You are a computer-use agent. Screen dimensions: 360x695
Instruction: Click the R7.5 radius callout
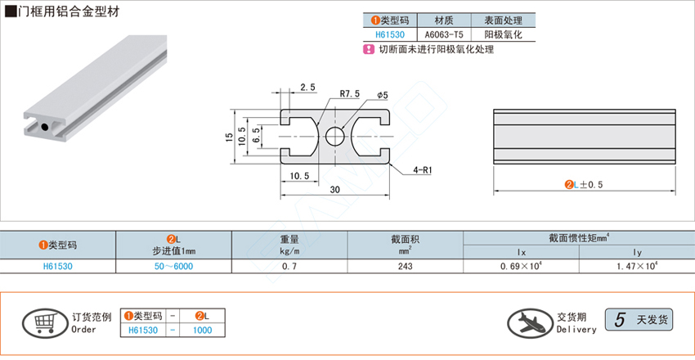[x=350, y=95]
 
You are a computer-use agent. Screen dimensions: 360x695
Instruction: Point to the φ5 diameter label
[x=383, y=95]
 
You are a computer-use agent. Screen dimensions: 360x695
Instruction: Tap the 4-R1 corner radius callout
[x=422, y=170]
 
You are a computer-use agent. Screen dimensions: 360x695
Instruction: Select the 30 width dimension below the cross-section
[x=335, y=190]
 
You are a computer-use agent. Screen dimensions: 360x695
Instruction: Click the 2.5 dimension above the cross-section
[x=307, y=87]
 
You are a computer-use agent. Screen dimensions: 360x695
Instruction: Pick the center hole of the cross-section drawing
[x=335, y=136]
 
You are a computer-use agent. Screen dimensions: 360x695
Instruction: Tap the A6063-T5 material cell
[x=444, y=35]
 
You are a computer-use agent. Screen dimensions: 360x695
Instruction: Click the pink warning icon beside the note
[x=368, y=50]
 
